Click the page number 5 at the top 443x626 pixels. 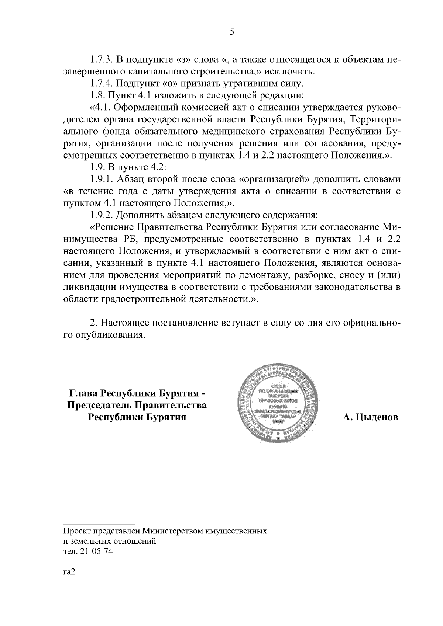pyautogui.click(x=231, y=32)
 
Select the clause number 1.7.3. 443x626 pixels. pyautogui.click(x=102, y=59)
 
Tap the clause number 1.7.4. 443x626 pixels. pyautogui.click(x=102, y=83)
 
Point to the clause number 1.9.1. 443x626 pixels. pyautogui.click(x=102, y=180)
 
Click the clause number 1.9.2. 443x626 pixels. pyautogui.click(x=102, y=215)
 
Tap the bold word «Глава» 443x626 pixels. pyautogui.click(x=83, y=393)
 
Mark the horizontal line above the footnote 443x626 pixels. pyautogui.click(x=99, y=524)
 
